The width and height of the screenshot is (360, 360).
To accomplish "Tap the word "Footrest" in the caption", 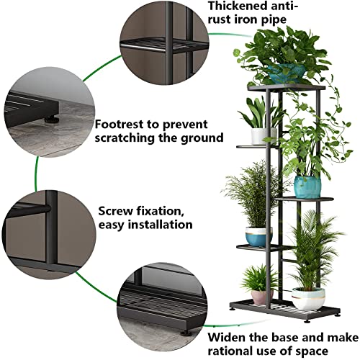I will [x=120, y=122].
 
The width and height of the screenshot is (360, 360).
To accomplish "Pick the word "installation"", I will [x=158, y=225].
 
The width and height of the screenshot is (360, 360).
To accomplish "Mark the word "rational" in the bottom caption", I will [x=234, y=351].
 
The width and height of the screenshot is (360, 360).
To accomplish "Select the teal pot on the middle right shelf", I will [x=307, y=186].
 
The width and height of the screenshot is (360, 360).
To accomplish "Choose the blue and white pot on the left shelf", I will [x=258, y=236].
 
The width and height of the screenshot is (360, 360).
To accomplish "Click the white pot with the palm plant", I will [x=308, y=298].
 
